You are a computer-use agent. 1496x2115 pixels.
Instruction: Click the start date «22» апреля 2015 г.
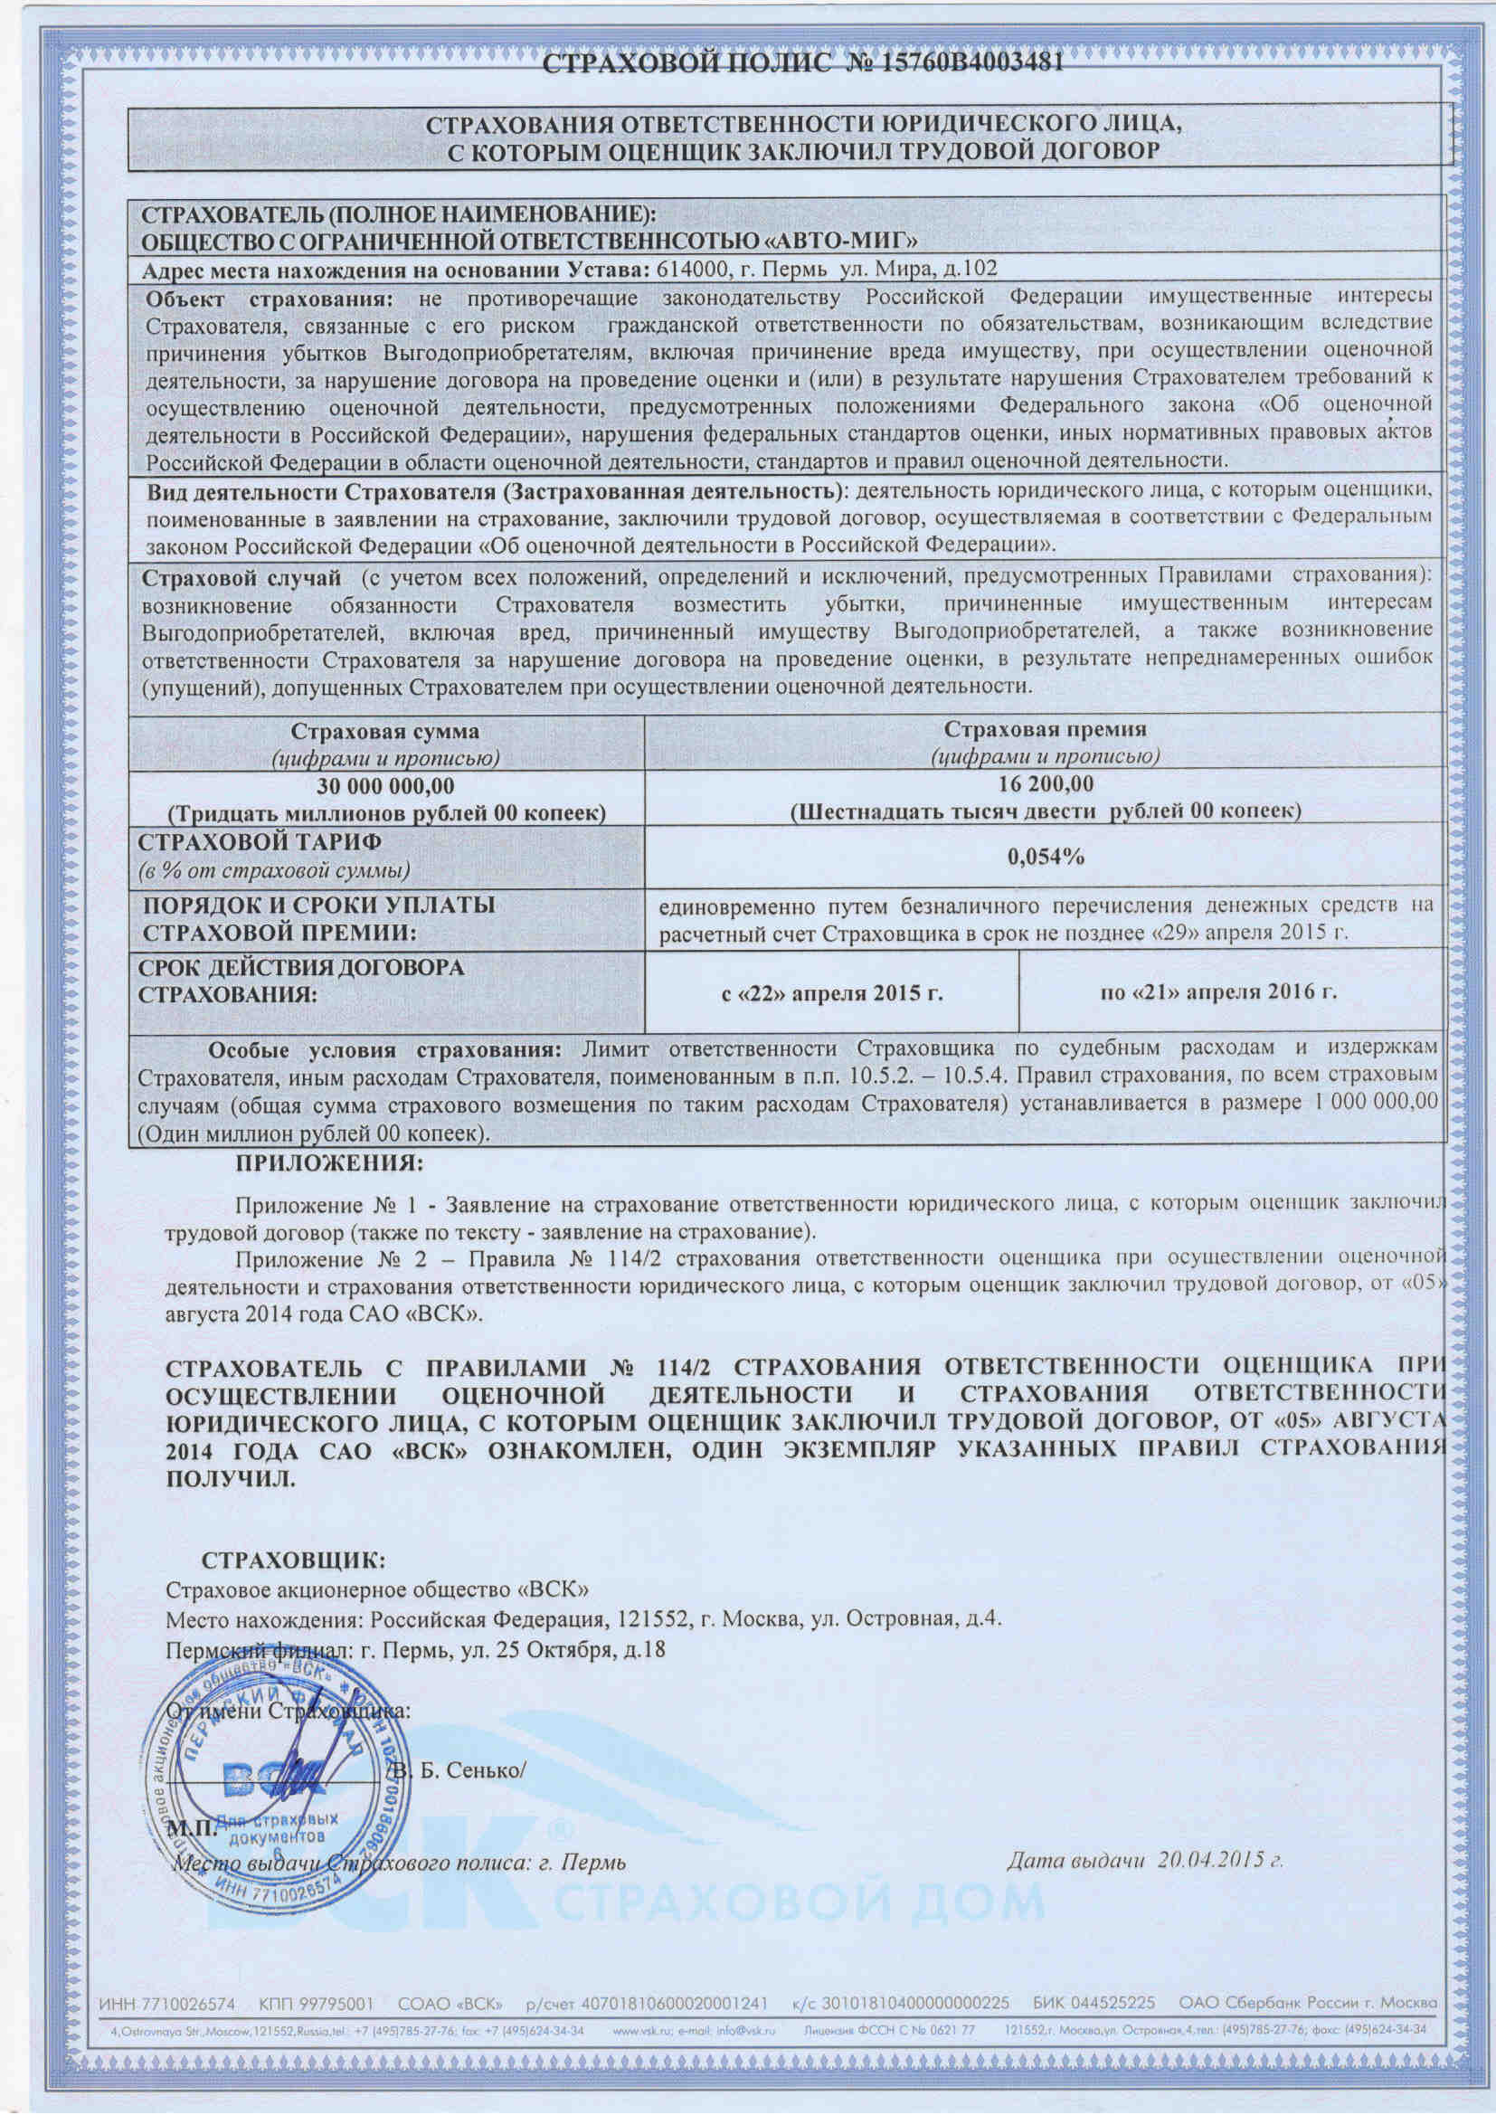[831, 993]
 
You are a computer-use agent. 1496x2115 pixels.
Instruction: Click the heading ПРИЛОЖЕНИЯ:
[330, 1163]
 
